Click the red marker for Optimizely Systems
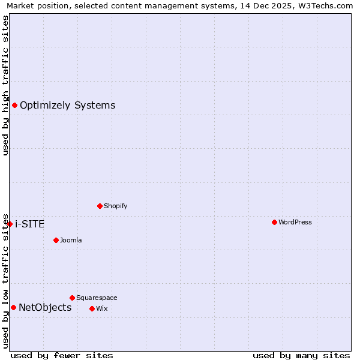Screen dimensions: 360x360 (x=14, y=106)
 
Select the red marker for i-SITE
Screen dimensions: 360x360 (x=10, y=224)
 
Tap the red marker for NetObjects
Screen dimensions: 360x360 (x=13, y=308)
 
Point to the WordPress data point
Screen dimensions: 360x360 (x=274, y=222)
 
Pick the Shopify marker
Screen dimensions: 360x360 (x=100, y=206)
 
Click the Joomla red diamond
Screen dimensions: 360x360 (x=56, y=240)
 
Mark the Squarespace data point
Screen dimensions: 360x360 (x=72, y=298)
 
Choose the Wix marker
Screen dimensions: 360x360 (x=92, y=308)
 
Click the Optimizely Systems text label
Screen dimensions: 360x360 (x=67, y=106)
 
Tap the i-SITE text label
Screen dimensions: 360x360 (x=29, y=224)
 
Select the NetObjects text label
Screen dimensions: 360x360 (x=45, y=308)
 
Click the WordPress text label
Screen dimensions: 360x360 (x=295, y=222)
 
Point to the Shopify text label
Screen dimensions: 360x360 (x=115, y=206)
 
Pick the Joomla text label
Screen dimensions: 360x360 (x=71, y=240)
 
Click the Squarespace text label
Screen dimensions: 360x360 (x=97, y=298)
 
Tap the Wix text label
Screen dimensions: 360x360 (x=101, y=308)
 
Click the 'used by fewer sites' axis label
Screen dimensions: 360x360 (x=62, y=355)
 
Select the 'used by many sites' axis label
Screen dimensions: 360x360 (x=301, y=355)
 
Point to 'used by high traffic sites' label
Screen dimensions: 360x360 (x=5, y=85)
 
